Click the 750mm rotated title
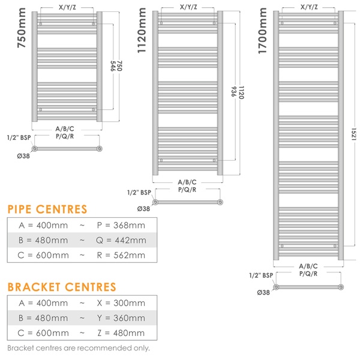[x=22, y=28]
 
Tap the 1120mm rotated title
[x=142, y=31]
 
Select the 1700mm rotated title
[x=263, y=31]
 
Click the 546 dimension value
[x=113, y=66]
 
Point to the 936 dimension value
[x=233, y=91]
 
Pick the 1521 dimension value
[x=354, y=134]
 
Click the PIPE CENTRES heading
[x=47, y=209]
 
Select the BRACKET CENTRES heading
[x=62, y=287]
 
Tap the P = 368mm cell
[x=121, y=226]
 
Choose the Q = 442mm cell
[x=121, y=241]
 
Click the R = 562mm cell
[x=121, y=256]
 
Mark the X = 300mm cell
[x=121, y=303]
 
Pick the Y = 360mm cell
[x=121, y=318]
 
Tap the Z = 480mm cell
[x=121, y=333]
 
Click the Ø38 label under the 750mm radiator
[x=23, y=156]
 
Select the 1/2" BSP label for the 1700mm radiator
[x=261, y=275]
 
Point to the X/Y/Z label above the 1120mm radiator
[x=188, y=7]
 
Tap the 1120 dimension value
[x=241, y=92]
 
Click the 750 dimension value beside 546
[x=119, y=66]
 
